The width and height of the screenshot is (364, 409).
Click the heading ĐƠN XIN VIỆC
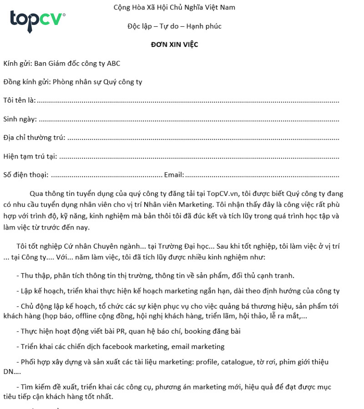point(175,45)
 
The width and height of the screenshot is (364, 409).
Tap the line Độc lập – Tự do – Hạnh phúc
point(175,26)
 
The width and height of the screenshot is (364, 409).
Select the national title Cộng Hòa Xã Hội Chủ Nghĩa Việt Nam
point(175,8)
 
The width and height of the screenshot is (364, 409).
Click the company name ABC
point(113,64)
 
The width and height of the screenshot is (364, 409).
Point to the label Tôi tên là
point(19,100)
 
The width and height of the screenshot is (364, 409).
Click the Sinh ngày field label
point(20,119)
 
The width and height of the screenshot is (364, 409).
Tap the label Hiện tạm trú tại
point(30,156)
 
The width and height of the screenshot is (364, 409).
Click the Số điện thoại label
point(25,175)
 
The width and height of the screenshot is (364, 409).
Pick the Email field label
point(174,175)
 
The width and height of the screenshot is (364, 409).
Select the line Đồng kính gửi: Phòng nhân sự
point(73,82)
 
